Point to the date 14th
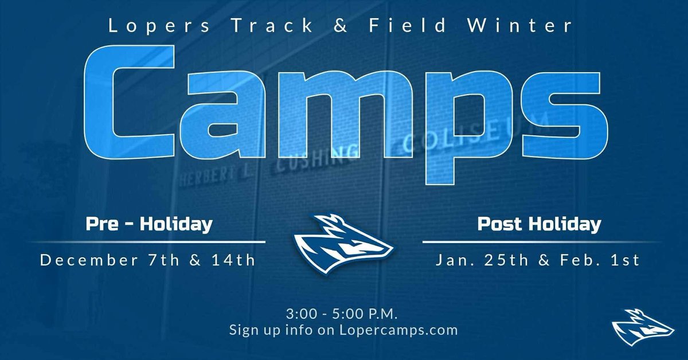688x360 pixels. click(x=233, y=261)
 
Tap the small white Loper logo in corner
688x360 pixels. click(x=642, y=330)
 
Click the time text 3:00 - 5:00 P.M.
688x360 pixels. click(x=343, y=315)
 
